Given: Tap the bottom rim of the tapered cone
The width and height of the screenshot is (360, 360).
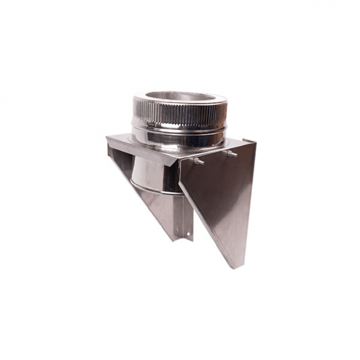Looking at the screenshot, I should pyautogui.click(x=155, y=189).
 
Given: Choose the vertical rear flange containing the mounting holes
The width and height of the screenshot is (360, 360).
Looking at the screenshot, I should pyautogui.click(x=187, y=218).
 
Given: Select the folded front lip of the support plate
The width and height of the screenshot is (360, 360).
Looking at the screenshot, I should pyautogui.click(x=142, y=152).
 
